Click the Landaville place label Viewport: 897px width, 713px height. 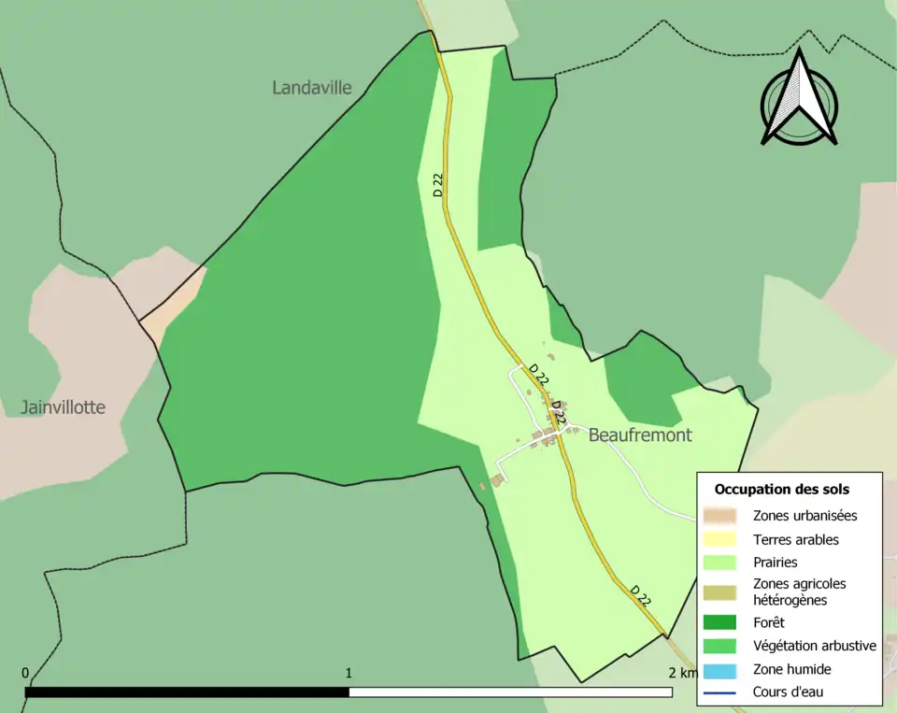(312, 88)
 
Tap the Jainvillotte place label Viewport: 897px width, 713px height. (64, 407)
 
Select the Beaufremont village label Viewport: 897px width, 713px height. (640, 435)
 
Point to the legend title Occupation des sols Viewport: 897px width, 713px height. (782, 489)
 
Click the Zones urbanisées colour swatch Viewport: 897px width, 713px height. (720, 516)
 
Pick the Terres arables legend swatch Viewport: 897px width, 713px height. (720, 540)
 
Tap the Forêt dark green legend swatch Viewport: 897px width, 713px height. (720, 622)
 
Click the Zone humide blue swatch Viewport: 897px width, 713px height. (720, 670)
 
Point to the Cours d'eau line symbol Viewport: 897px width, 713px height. (720, 692)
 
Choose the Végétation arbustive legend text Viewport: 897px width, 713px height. (814, 646)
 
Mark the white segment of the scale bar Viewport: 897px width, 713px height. (510, 692)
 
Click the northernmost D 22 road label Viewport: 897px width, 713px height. (438, 185)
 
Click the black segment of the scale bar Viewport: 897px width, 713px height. (187, 692)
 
